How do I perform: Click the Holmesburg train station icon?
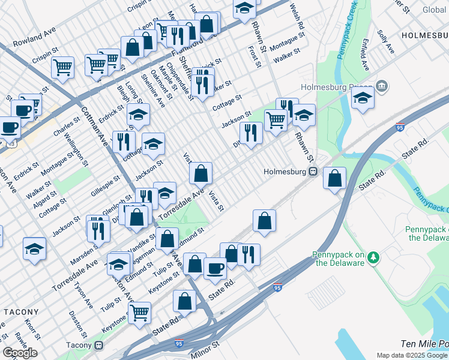(313, 172)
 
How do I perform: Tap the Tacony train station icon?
(98, 345)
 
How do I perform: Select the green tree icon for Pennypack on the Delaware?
(373, 257)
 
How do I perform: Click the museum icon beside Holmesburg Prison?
(382, 88)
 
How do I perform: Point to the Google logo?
(20, 353)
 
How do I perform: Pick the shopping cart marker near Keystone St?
(139, 312)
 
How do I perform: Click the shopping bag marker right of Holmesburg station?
(334, 178)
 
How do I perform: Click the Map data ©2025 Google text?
(412, 355)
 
